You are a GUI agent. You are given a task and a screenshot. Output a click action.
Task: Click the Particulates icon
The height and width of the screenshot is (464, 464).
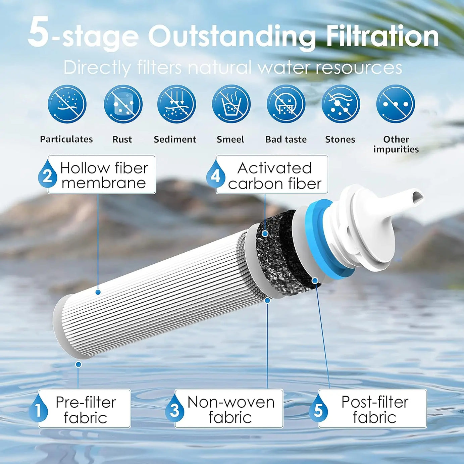pyautogui.click(x=67, y=104)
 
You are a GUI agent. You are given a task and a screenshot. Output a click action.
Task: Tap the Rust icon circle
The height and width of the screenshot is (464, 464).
pyautogui.click(x=123, y=104)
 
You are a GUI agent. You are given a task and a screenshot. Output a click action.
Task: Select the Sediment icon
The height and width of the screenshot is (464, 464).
pyautogui.click(x=176, y=104)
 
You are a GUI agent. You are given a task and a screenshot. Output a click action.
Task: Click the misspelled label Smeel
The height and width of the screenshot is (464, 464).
pyautogui.click(x=230, y=139)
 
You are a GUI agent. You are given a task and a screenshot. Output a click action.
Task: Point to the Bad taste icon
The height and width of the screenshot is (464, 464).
pyautogui.click(x=286, y=104)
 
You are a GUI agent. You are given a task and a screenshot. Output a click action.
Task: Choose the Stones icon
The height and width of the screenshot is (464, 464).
pyautogui.click(x=341, y=104)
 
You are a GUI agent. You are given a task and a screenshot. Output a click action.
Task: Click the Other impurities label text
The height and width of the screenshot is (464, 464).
pyautogui.click(x=396, y=144)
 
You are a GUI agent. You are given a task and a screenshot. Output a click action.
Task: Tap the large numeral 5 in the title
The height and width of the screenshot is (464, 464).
pyautogui.click(x=39, y=33)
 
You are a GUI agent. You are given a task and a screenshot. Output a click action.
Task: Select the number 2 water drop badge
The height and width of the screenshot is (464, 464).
pyautogui.click(x=47, y=175)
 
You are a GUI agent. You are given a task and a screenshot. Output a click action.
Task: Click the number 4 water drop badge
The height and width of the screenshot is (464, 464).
pyautogui.click(x=215, y=175)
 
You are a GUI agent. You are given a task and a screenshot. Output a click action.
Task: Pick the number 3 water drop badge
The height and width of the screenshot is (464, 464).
pyautogui.click(x=174, y=409)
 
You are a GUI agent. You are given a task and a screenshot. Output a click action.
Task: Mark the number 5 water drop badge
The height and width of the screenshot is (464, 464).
pyautogui.click(x=318, y=409)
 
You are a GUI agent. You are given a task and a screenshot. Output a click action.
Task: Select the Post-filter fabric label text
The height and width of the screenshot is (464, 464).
pyautogui.click(x=374, y=410)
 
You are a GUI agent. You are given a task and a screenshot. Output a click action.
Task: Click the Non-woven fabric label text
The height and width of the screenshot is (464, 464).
pyautogui.click(x=231, y=410)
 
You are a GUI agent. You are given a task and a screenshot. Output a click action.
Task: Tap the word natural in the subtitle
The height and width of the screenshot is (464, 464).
pyautogui.click(x=219, y=67)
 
